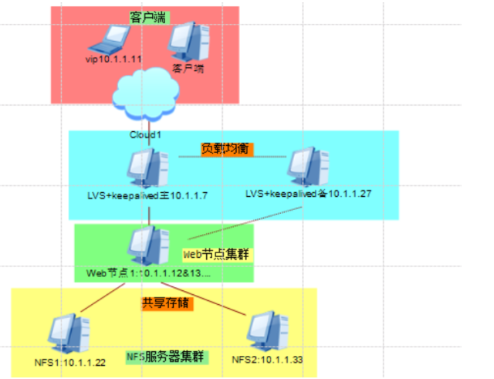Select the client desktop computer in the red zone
[188, 40]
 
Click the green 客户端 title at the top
[147, 16]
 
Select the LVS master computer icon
[147, 168]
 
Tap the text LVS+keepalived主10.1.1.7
[147, 196]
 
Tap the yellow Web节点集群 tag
[218, 253]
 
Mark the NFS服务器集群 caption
[165, 357]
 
